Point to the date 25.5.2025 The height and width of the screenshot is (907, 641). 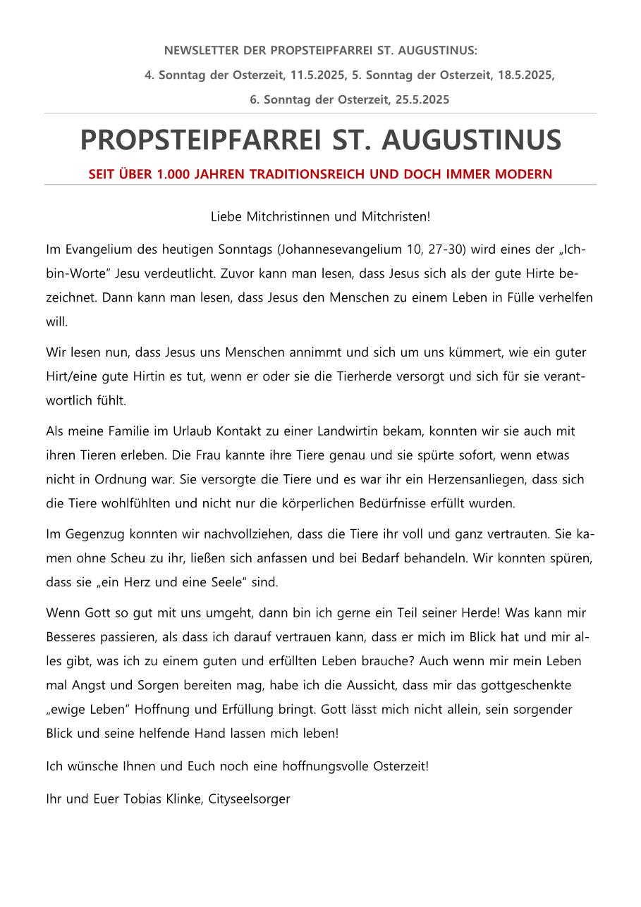[x=422, y=99]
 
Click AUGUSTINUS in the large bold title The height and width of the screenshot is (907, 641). [x=471, y=140]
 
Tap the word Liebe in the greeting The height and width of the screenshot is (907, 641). [x=226, y=216]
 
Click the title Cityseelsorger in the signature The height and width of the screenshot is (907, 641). [x=250, y=799]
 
